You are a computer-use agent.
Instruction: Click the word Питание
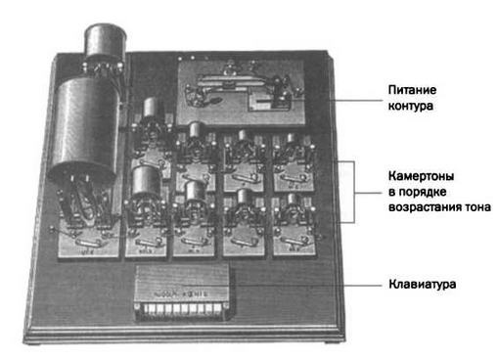(x=412, y=90)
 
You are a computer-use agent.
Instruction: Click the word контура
(x=411, y=106)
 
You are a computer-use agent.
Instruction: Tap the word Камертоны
(x=421, y=176)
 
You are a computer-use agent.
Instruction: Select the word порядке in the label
(x=423, y=192)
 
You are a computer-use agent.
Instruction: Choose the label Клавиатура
(x=423, y=284)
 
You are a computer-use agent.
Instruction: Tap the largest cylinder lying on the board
(x=84, y=128)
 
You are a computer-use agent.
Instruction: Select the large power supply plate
(x=242, y=92)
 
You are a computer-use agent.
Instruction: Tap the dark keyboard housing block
(x=183, y=292)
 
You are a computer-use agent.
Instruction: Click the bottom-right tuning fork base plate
(x=294, y=242)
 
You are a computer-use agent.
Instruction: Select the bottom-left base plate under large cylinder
(x=89, y=243)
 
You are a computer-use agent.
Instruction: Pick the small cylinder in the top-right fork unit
(x=292, y=138)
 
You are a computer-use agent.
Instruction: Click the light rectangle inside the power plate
(x=260, y=102)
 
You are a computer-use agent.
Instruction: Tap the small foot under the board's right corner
(x=330, y=341)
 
